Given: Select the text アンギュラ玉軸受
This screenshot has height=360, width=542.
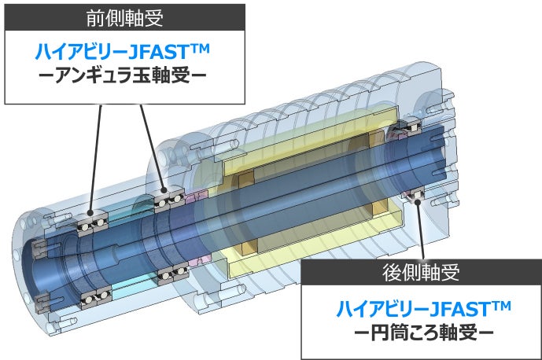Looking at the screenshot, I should pos(122,78).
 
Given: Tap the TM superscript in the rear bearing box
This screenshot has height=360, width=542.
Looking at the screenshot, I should pos(500,303).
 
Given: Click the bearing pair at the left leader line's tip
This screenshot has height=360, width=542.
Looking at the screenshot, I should pos(92,222).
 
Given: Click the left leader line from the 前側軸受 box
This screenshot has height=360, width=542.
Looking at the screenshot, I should pos(97,161).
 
